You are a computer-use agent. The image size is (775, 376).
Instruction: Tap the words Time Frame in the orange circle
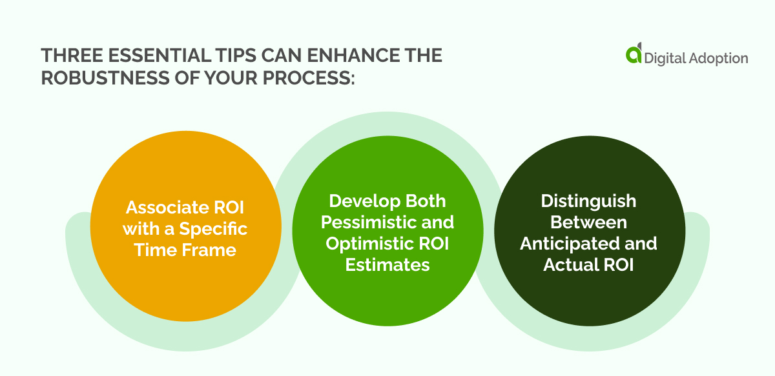(185, 250)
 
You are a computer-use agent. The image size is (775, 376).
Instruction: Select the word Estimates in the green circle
(387, 264)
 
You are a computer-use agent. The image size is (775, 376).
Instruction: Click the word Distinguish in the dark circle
(588, 201)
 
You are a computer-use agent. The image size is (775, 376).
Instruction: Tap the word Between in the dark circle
(588, 222)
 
